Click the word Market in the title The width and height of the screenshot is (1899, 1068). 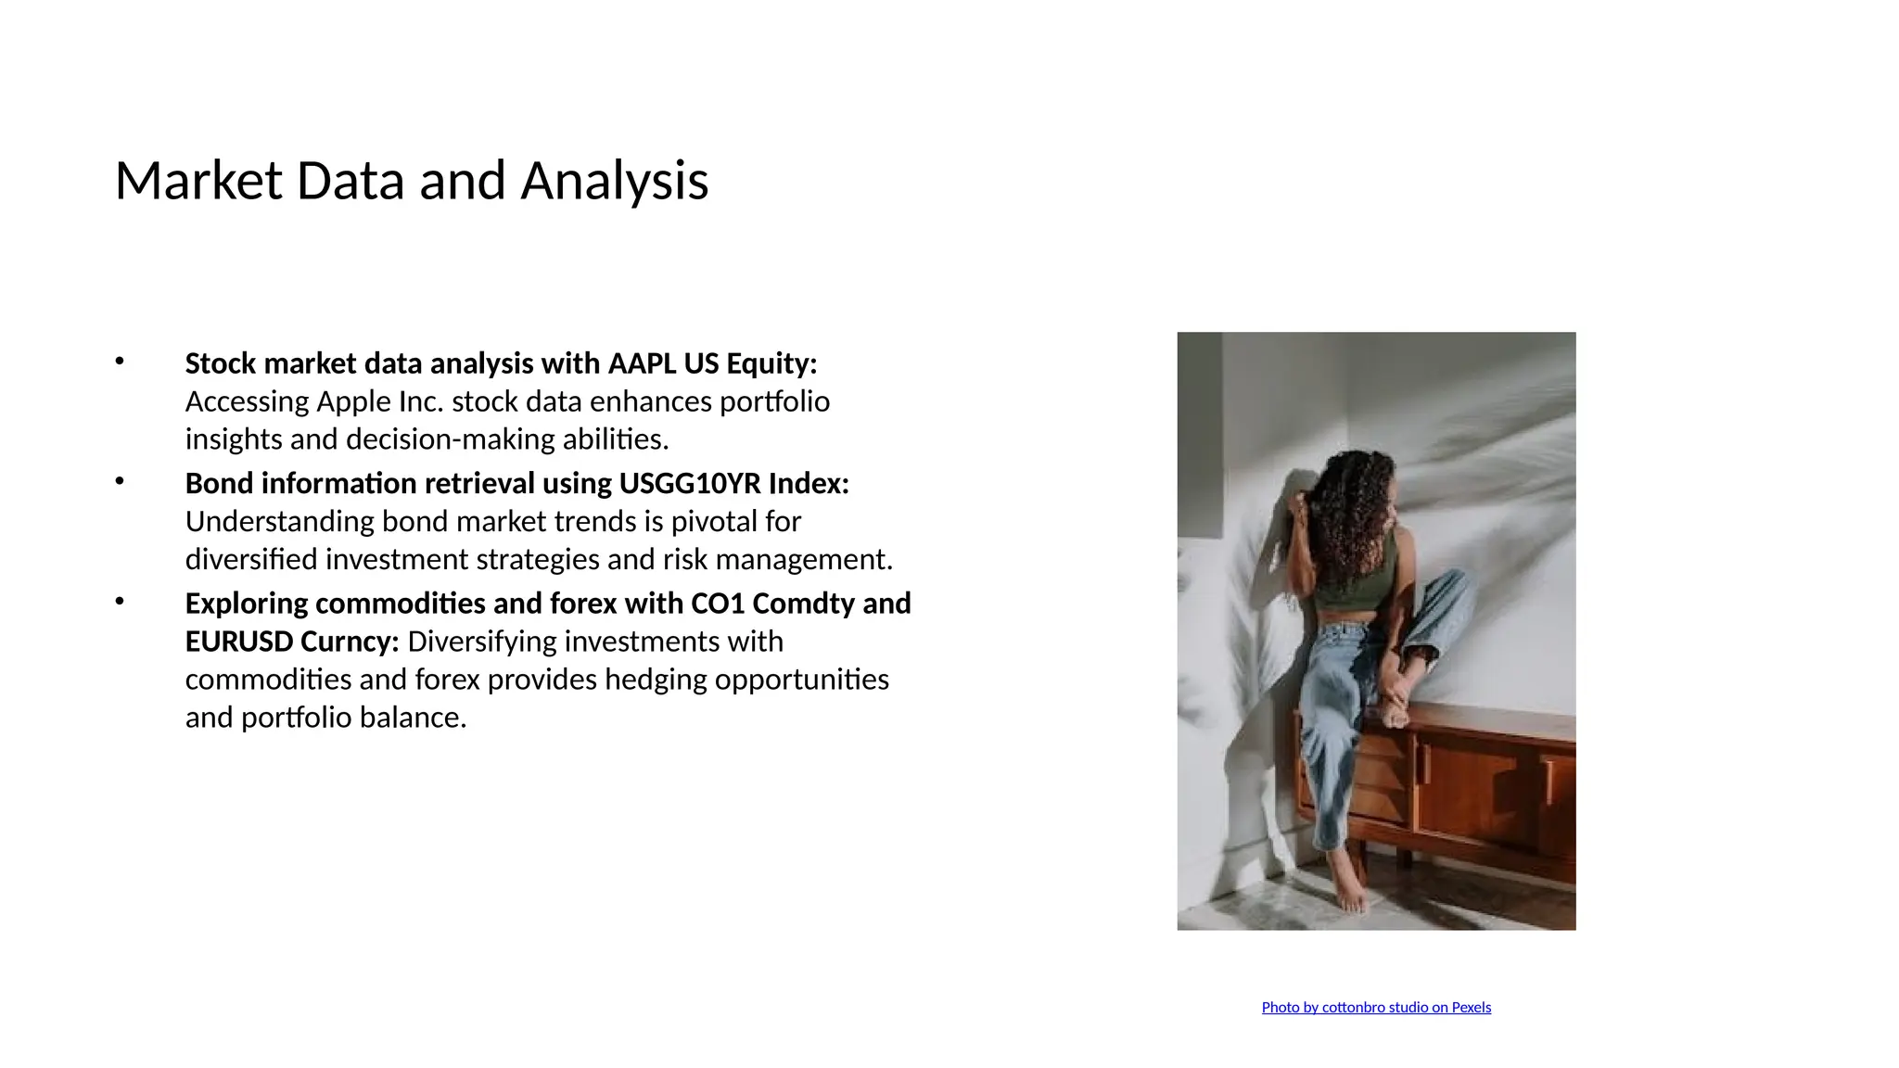(x=198, y=181)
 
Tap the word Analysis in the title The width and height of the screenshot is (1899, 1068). (x=614, y=181)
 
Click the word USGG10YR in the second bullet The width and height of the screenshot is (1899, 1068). (x=690, y=484)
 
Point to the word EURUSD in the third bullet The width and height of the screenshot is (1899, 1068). (x=239, y=642)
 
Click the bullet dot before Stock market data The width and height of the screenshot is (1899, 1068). (x=120, y=362)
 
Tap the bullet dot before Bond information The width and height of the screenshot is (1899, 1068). (x=120, y=481)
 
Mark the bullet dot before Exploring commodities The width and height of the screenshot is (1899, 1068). (x=120, y=602)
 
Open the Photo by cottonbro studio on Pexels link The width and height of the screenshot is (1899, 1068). (x=1376, y=1008)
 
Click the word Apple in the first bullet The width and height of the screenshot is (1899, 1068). (x=354, y=402)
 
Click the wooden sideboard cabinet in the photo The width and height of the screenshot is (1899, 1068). (x=1484, y=788)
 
